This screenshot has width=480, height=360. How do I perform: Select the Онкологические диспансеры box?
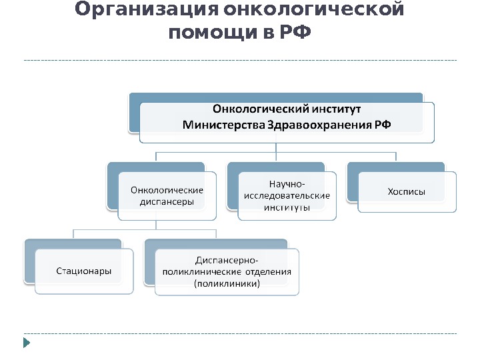click(167, 195)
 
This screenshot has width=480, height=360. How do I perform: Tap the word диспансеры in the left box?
click(167, 201)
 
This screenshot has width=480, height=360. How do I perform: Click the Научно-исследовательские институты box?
click(287, 195)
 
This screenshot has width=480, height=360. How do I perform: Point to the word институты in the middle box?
click(287, 207)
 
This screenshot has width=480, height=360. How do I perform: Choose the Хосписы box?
click(407, 192)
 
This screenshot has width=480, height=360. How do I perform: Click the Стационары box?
click(83, 271)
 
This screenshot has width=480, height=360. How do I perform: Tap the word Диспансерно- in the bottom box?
click(227, 259)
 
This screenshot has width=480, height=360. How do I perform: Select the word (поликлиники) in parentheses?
click(227, 283)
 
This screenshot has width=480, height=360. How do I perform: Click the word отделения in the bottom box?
click(268, 271)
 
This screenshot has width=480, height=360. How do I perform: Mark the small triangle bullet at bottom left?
click(27, 343)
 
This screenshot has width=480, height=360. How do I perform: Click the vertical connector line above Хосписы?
click(396, 157)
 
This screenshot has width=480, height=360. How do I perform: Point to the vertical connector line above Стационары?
click(73, 234)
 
